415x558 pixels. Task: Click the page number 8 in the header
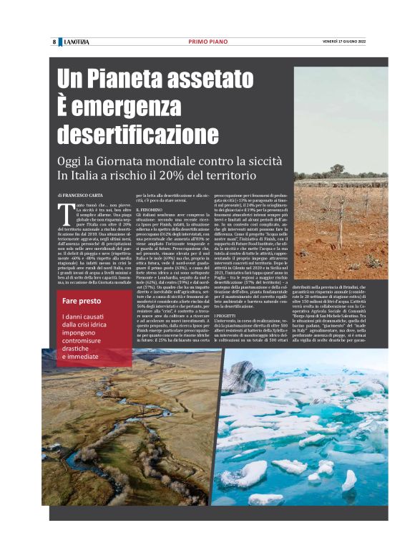pyautogui.click(x=54, y=42)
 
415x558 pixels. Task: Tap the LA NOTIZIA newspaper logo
pyautogui.click(x=75, y=42)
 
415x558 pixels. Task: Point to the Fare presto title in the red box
pyautogui.click(x=81, y=301)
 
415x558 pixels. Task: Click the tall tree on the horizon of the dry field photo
pyautogui.click(x=336, y=170)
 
